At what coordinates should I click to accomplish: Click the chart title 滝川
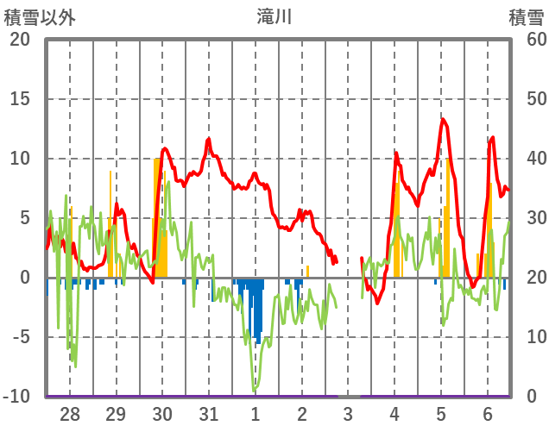(x=274, y=16)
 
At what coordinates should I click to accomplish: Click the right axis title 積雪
(x=526, y=16)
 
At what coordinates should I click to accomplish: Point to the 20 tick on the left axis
(x=20, y=40)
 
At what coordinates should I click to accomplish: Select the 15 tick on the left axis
(x=20, y=99)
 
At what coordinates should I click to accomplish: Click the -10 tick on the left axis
(x=17, y=397)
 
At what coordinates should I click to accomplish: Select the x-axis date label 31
(x=208, y=415)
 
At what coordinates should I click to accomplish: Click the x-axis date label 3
(x=348, y=415)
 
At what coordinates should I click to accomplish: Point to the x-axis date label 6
(x=487, y=415)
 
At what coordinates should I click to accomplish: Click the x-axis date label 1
(x=255, y=415)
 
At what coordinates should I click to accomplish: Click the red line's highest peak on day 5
(x=443, y=119)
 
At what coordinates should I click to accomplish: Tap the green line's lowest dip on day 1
(x=255, y=389)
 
